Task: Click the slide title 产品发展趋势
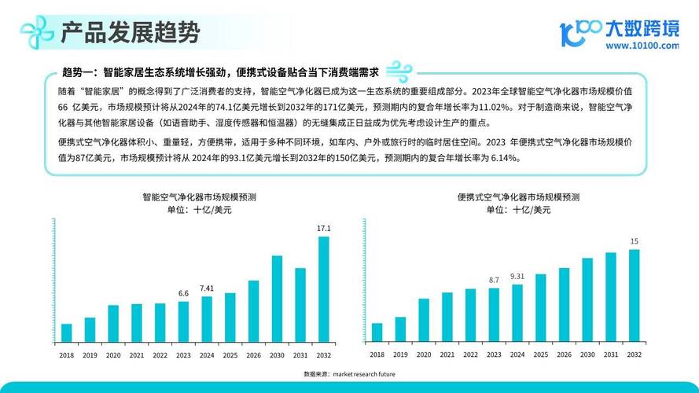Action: pyautogui.click(x=130, y=32)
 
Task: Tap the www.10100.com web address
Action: pyautogui.click(x=642, y=46)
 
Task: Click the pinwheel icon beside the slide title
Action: pyautogui.click(x=37, y=32)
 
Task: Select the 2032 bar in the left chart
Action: pyautogui.click(x=324, y=288)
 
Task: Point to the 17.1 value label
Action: pyautogui.click(x=324, y=228)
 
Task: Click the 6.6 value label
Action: pyautogui.click(x=183, y=293)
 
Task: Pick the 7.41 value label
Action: pyautogui.click(x=207, y=288)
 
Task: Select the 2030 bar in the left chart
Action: pyautogui.click(x=277, y=298)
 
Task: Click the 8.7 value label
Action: pyautogui.click(x=494, y=280)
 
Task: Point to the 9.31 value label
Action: pyautogui.click(x=517, y=276)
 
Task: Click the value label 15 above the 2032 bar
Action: pyautogui.click(x=635, y=241)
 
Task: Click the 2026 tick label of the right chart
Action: pyautogui.click(x=564, y=355)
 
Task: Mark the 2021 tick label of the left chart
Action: pyautogui.click(x=137, y=355)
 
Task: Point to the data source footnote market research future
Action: pyautogui.click(x=349, y=374)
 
